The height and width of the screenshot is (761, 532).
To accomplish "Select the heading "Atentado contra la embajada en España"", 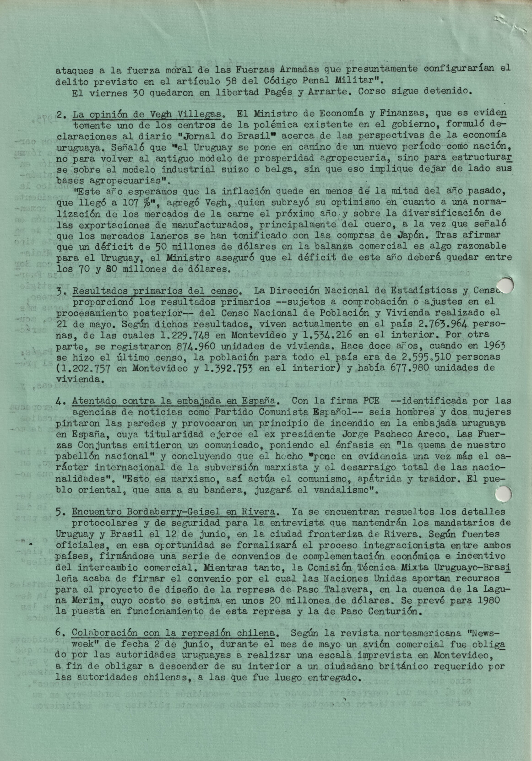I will pos(174,400).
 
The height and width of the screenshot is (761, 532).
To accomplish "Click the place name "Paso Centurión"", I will pos(396,611).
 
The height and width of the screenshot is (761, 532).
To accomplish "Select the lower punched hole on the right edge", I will pos(504,493).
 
